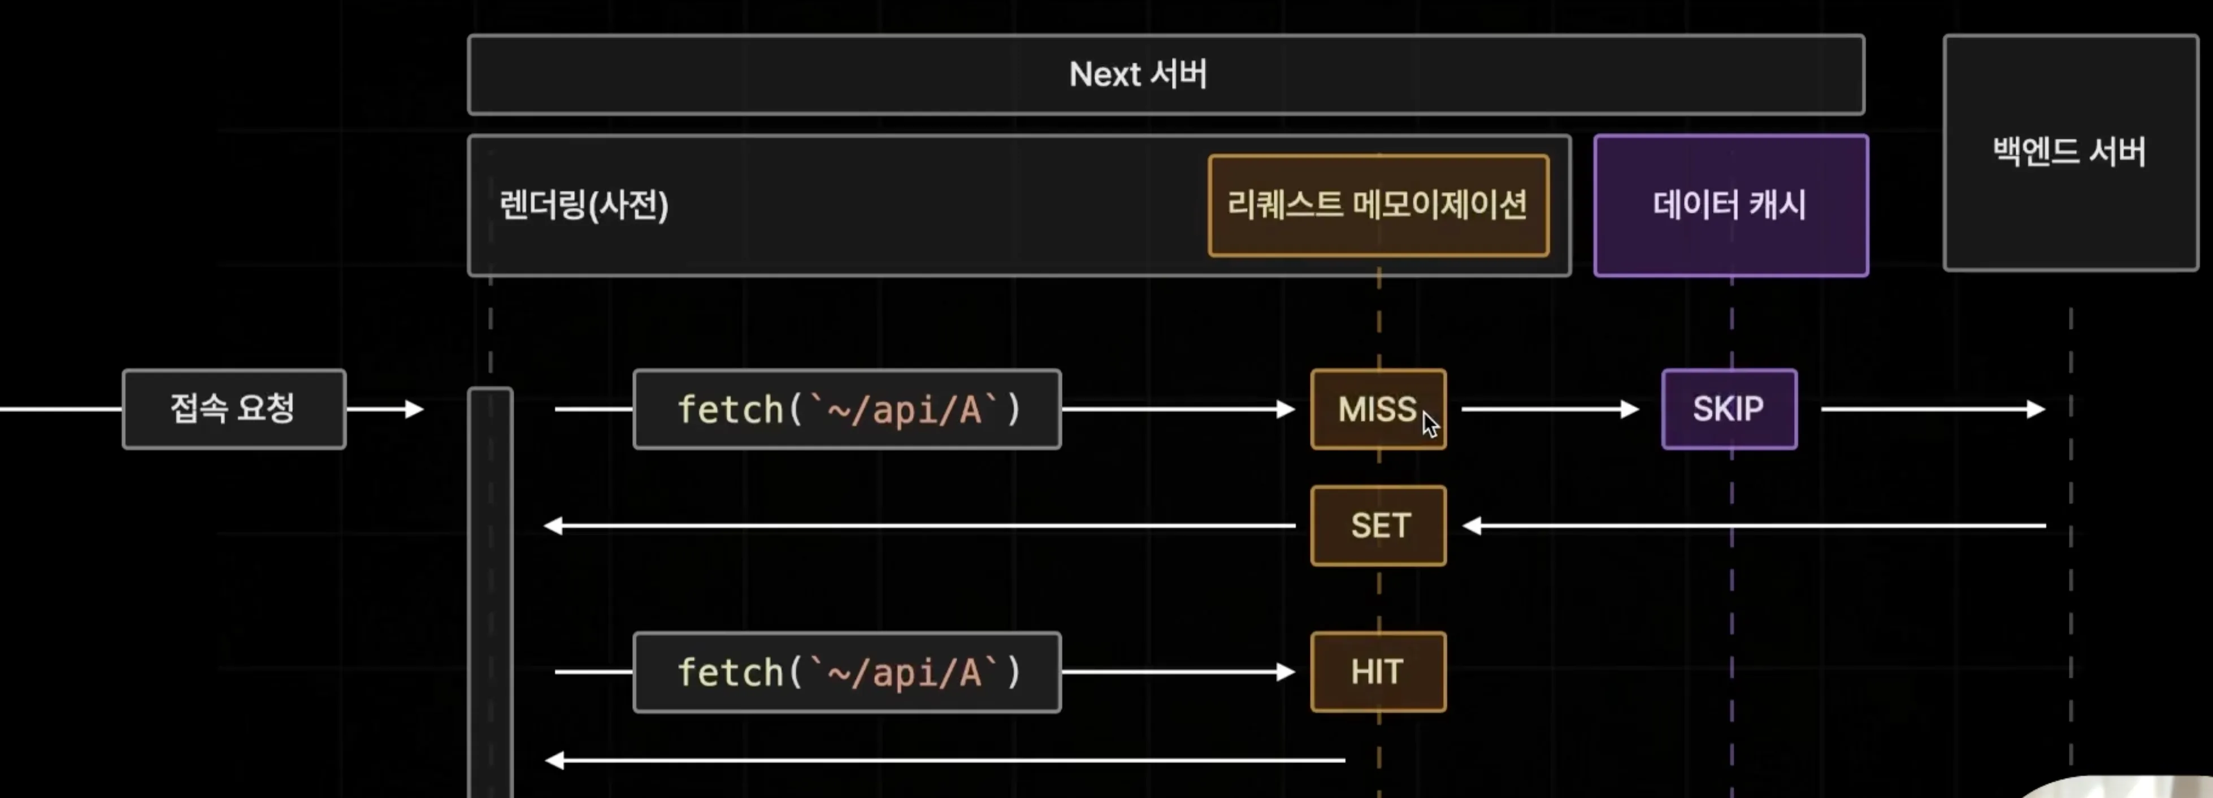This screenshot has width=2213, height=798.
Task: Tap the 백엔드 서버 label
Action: (2069, 152)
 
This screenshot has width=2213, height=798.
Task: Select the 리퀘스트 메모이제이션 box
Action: (1378, 205)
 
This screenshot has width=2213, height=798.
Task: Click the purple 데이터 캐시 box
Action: (1730, 205)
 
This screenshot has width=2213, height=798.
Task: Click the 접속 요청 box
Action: (233, 409)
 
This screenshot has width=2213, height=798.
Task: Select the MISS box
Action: (1377, 409)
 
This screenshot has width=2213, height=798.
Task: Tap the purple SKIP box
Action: (1729, 409)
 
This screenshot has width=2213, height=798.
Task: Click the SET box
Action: (1378, 526)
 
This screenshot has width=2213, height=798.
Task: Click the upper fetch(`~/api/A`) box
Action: (847, 409)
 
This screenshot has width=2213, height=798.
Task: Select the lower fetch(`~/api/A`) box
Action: (847, 672)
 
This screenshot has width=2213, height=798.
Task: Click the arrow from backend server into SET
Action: (1752, 526)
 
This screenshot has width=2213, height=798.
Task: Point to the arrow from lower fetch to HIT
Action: (1177, 672)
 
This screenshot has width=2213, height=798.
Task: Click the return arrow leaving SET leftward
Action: (919, 526)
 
